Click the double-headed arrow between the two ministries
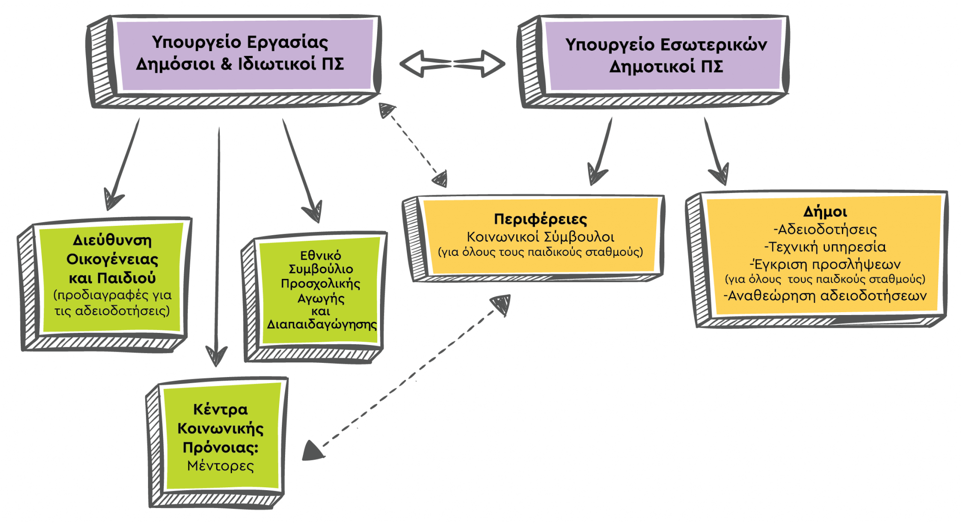click(452, 63)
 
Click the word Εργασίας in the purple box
click(287, 42)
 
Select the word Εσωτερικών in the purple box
click(714, 45)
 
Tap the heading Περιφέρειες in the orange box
click(540, 219)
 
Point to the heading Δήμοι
click(825, 212)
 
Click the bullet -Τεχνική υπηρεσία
click(825, 246)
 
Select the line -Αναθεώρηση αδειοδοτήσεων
click(825, 296)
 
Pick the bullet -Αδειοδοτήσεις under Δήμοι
click(825, 230)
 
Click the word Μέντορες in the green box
click(220, 466)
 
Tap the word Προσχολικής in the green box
click(320, 284)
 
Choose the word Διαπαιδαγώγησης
click(322, 324)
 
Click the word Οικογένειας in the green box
click(112, 259)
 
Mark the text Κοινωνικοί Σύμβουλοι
click(540, 237)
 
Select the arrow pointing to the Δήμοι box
click(715, 150)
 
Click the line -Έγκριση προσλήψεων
click(825, 264)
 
